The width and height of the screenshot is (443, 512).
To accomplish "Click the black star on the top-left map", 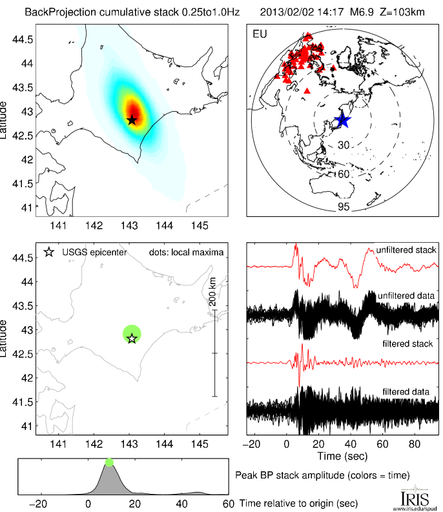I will click(x=132, y=120).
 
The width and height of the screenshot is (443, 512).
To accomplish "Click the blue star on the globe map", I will click(x=342, y=120).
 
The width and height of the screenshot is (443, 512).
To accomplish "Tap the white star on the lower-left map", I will click(x=132, y=338).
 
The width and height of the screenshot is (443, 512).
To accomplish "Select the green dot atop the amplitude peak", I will click(x=109, y=462).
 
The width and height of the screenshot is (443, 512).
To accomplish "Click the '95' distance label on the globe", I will click(x=343, y=207).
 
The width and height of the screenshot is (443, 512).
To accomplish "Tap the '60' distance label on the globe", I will click(x=343, y=174).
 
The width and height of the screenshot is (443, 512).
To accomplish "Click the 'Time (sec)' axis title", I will click(x=342, y=456).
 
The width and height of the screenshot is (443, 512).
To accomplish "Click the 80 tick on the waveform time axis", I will click(x=414, y=445).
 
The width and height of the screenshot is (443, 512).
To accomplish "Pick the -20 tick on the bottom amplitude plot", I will click(x=41, y=504).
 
